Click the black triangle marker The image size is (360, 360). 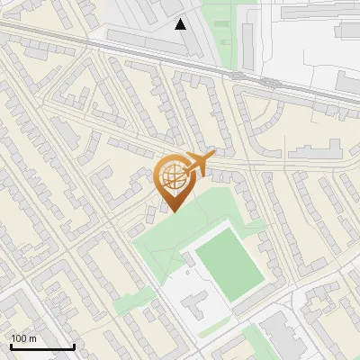(x=181, y=24)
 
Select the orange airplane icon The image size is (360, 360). (x=200, y=163)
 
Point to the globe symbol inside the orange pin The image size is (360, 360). (x=172, y=176)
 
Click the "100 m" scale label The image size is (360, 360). (x=23, y=338)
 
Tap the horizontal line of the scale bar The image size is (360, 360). (x=42, y=347)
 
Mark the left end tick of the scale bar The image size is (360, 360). (x=11, y=346)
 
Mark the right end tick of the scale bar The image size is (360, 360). (x=74, y=346)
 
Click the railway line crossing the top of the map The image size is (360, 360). (x=135, y=54)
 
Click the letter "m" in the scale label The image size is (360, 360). (x=32, y=338)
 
